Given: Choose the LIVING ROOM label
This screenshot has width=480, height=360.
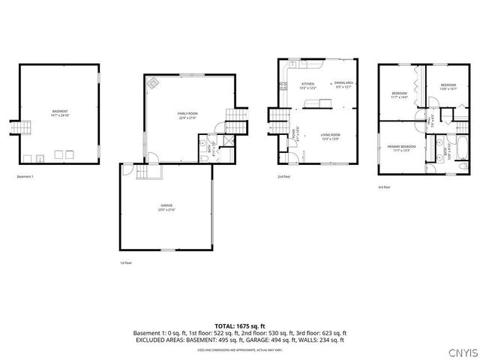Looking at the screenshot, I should click(331, 136).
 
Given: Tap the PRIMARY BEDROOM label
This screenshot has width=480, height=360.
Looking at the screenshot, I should click(402, 148).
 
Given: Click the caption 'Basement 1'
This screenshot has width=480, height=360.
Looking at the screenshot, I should click(25, 177).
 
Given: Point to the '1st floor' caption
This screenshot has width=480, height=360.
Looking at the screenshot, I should click(126, 263).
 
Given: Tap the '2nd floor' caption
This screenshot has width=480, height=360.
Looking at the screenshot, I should click(284, 177).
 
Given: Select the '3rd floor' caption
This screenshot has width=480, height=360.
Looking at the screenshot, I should click(384, 187).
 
